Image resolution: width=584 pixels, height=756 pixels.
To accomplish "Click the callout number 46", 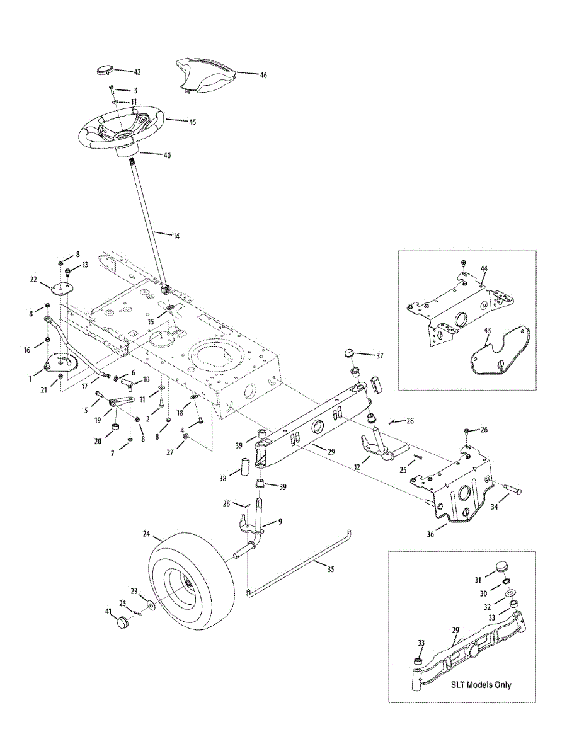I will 263,75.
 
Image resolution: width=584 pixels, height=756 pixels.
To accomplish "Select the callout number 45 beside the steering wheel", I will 192,122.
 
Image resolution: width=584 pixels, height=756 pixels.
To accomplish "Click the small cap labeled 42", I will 103,69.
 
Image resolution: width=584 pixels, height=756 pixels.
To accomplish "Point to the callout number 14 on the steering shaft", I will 176,236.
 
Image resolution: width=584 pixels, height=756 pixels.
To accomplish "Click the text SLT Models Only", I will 481,685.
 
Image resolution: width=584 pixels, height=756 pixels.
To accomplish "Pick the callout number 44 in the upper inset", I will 484,268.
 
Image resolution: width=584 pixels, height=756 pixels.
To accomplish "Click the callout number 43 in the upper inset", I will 486,329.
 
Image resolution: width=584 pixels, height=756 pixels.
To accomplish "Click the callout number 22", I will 34,279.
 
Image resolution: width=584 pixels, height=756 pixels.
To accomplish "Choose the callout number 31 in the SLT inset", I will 478,580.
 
